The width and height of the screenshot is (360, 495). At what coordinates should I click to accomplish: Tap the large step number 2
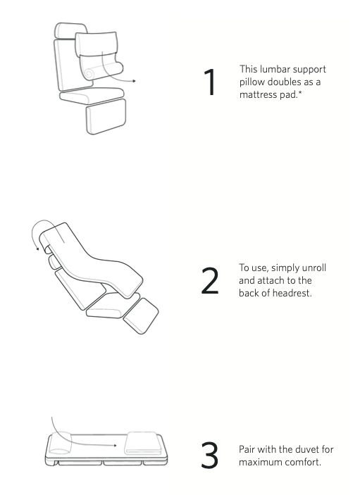point(210,281)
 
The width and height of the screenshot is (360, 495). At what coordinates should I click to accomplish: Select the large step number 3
point(210,455)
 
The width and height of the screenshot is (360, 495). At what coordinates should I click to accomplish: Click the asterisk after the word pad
point(299,93)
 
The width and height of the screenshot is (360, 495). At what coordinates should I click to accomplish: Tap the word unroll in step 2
point(314,268)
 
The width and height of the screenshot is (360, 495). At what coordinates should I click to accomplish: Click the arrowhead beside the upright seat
point(135,81)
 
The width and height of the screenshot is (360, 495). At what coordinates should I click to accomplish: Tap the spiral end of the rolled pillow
point(89,73)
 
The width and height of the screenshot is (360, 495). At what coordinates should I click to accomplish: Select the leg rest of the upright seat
point(106,116)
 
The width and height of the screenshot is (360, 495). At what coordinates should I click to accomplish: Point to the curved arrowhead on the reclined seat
point(37,249)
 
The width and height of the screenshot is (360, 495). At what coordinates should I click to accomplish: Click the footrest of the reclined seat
point(141,316)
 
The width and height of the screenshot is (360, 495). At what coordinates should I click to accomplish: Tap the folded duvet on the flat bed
point(144,443)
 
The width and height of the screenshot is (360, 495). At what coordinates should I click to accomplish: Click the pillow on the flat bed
point(61,444)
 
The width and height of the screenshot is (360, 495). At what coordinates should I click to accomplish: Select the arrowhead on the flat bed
point(115,446)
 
